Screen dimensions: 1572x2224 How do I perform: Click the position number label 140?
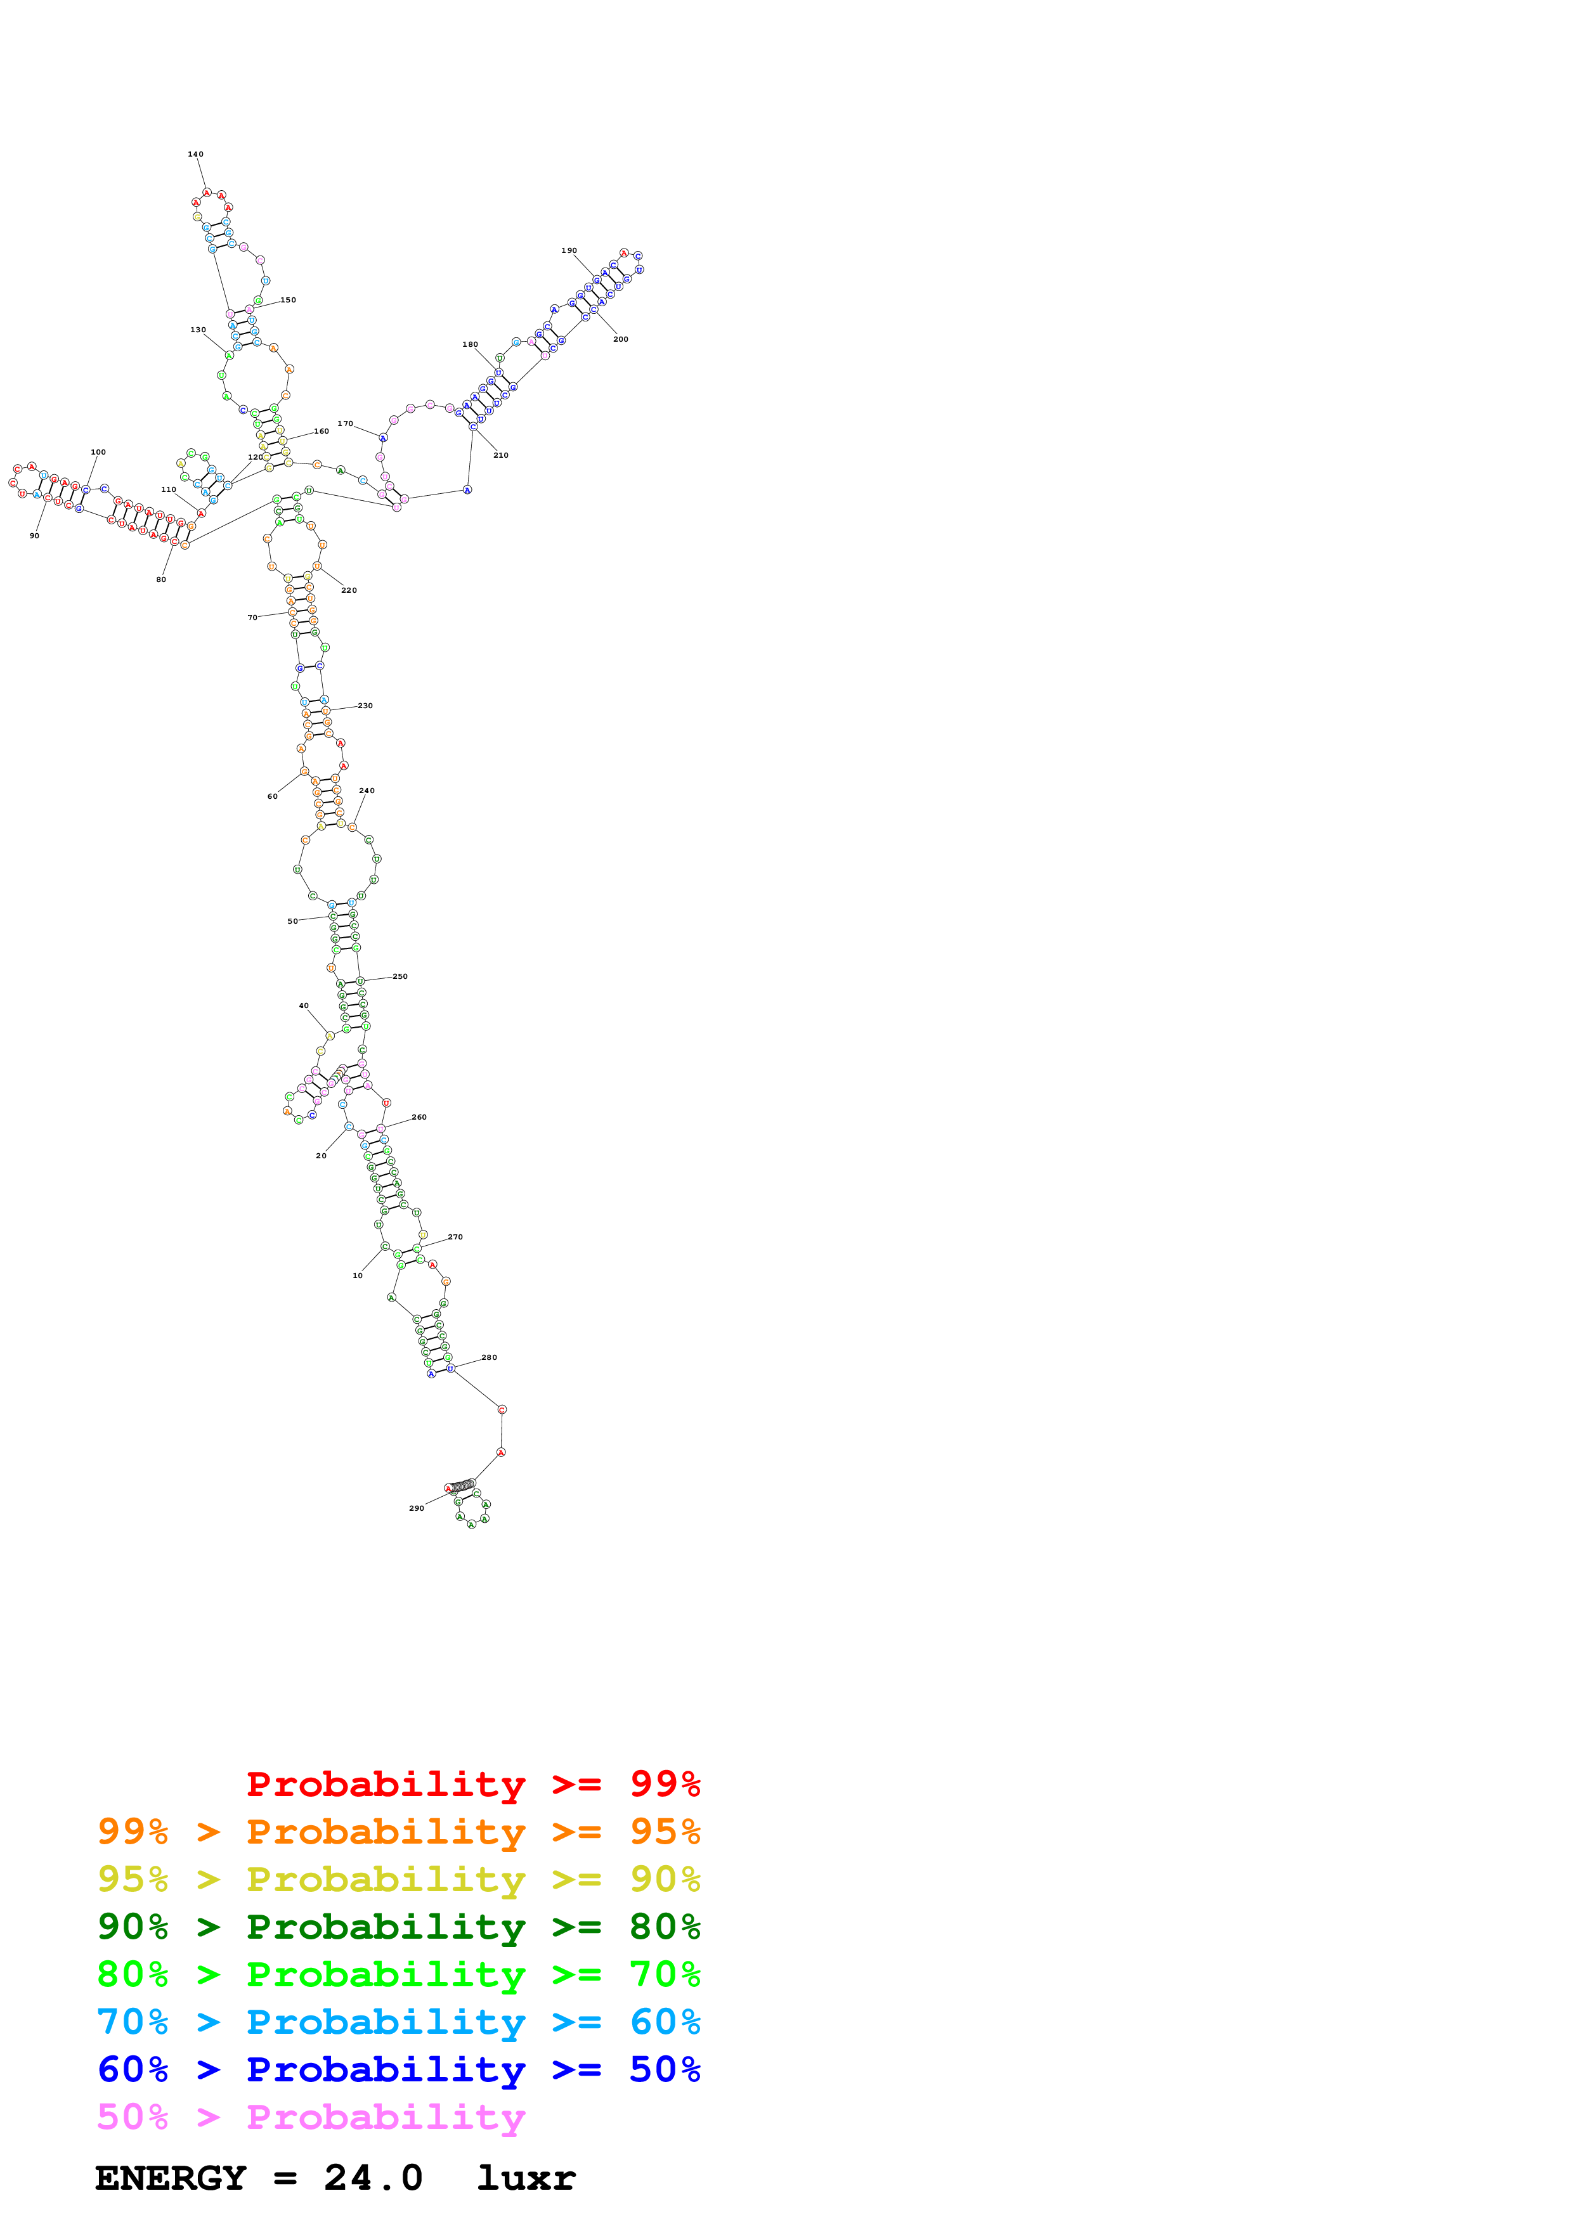tap(196, 154)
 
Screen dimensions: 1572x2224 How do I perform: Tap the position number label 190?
tap(569, 251)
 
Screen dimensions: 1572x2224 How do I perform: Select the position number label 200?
tap(621, 339)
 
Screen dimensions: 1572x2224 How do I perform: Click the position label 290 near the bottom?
tap(417, 1508)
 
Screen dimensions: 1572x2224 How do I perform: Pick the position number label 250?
tap(400, 976)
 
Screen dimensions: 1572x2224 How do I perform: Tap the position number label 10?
tap(358, 1276)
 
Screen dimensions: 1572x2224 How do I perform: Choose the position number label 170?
tap(346, 423)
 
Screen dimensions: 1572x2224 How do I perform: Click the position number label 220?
tap(349, 590)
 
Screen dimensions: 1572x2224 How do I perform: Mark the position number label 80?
tap(161, 579)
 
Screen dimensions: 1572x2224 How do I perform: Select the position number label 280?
tap(489, 1357)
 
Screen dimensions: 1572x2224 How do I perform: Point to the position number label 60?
tap(272, 796)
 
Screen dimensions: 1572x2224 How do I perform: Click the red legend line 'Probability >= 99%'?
tap(472, 1784)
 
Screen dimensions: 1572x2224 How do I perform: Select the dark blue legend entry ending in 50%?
tap(398, 2069)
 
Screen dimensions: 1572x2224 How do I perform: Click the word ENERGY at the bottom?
tap(171, 2178)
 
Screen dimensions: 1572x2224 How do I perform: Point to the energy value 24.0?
tap(373, 2178)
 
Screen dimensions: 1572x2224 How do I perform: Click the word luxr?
tap(526, 2178)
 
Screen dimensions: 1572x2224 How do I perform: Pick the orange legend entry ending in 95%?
tap(398, 1832)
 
